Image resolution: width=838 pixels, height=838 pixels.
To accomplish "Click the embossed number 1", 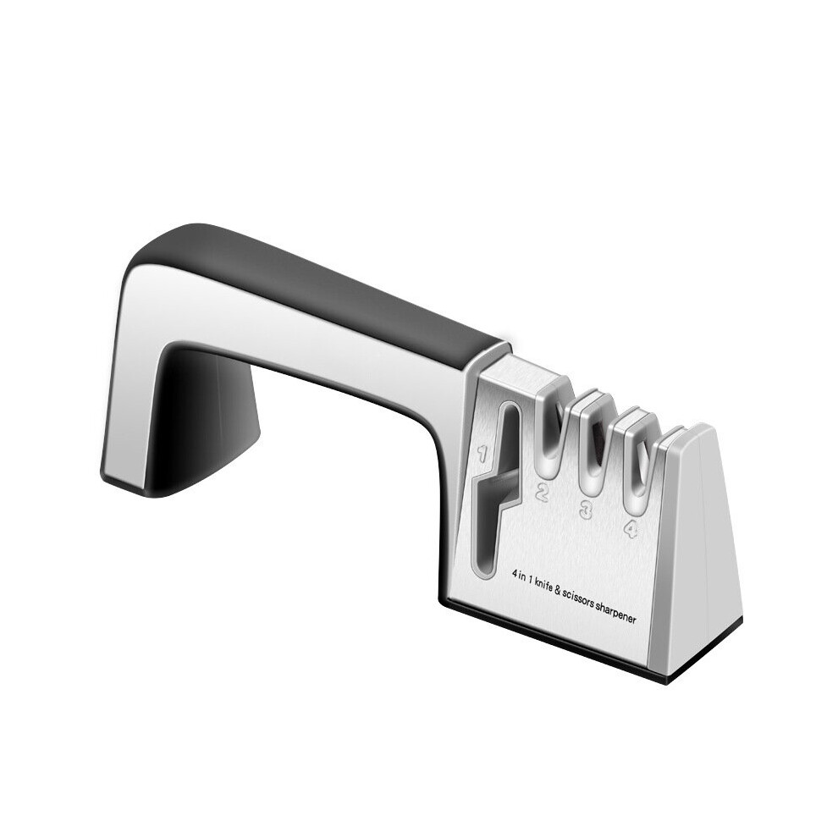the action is (x=482, y=455).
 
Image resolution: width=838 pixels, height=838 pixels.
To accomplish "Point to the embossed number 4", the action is (x=631, y=528).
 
